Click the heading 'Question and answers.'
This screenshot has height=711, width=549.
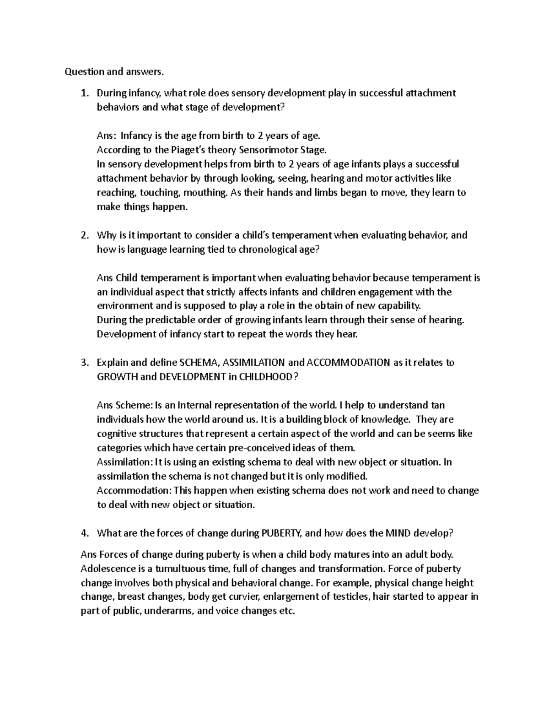(113, 71)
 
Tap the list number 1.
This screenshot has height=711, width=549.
(83, 93)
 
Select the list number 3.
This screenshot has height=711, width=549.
(84, 363)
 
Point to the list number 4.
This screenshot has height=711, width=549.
(84, 533)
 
